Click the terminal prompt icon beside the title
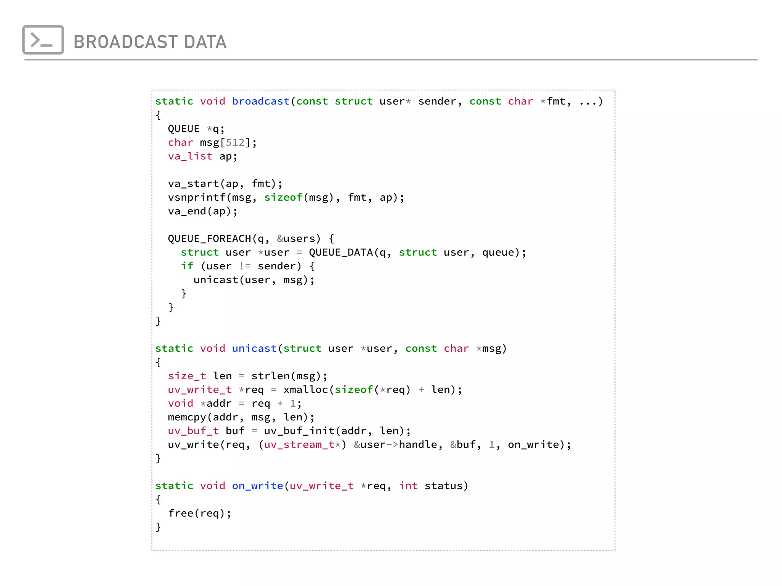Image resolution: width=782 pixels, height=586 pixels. click(43, 40)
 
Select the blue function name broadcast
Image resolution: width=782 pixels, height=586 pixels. click(261, 101)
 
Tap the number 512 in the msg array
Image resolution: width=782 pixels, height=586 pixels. click(235, 143)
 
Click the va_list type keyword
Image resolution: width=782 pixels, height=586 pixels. click(190, 156)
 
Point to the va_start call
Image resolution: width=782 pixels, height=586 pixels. click(194, 184)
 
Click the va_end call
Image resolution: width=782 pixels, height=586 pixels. click(187, 211)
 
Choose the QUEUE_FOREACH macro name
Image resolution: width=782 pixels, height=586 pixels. click(209, 239)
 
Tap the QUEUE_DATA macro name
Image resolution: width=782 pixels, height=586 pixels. click(341, 253)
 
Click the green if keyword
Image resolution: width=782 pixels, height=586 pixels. click(187, 266)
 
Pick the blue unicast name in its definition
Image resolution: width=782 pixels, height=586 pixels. click(254, 349)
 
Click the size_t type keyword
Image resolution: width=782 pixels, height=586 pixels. click(187, 376)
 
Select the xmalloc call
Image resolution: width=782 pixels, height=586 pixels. click(305, 390)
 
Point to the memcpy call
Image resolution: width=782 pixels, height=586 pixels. click(187, 417)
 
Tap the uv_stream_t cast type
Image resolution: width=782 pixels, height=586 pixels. click(299, 445)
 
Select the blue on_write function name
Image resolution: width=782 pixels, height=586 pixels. click(257, 486)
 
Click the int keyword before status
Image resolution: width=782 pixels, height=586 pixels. click(408, 486)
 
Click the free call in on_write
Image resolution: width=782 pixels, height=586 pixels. click(181, 514)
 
